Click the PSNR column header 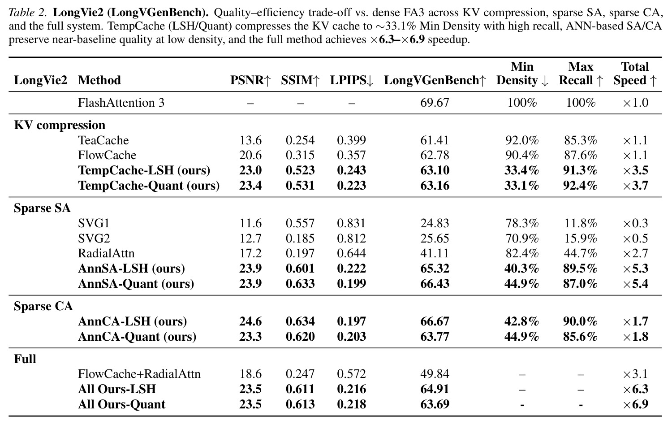tap(250, 80)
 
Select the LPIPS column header tap(352, 80)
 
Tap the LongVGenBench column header tap(435, 80)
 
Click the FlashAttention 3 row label tap(121, 103)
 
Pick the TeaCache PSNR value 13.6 tap(250, 140)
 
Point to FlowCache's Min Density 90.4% tap(522, 155)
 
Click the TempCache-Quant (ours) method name tap(149, 186)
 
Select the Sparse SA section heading tap(42, 208)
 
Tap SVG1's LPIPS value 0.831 tap(352, 223)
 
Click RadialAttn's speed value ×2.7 tap(635, 253)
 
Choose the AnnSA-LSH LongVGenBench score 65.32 tap(435, 269)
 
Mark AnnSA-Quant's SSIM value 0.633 tap(300, 284)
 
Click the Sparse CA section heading tap(43, 306)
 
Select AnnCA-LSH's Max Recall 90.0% tap(580, 321)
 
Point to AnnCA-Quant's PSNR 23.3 tap(250, 336)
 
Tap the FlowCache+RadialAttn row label tap(139, 374)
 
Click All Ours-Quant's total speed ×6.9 tap(635, 404)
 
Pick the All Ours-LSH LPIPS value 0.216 tap(352, 389)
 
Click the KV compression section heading tap(60, 125)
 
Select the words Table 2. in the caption tap(28, 13)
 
